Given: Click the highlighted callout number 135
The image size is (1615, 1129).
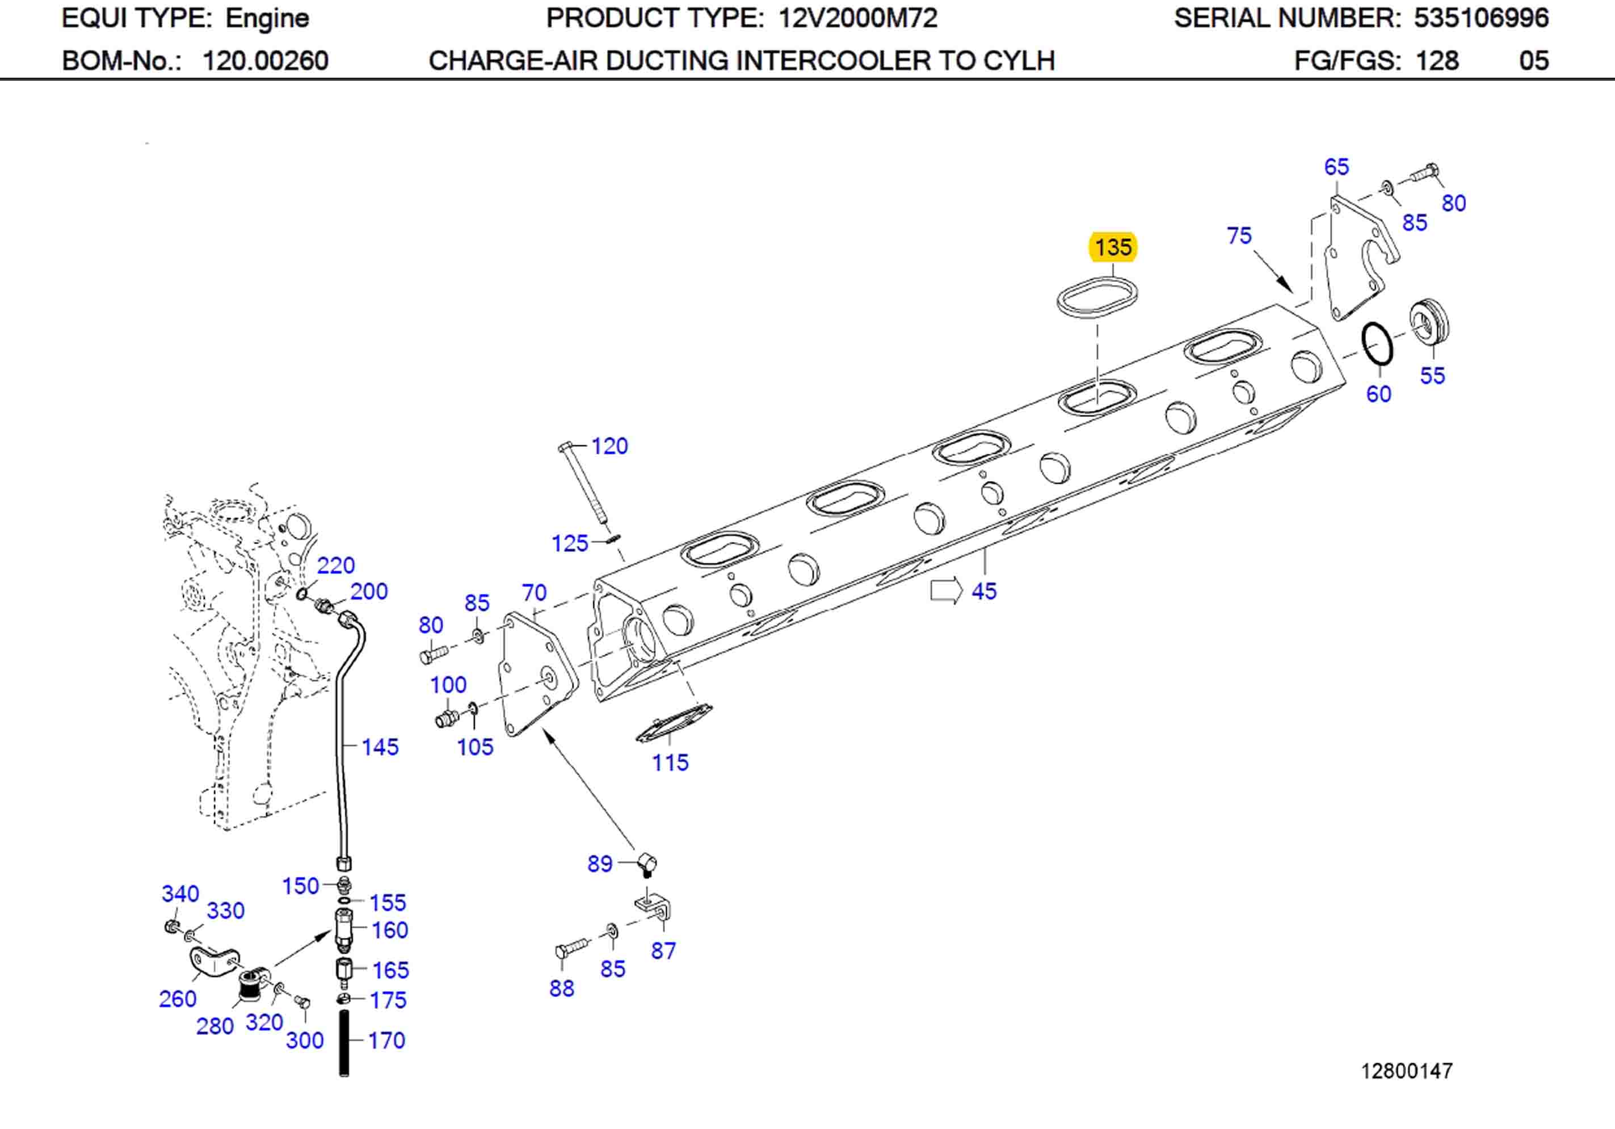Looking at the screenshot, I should click(x=1113, y=247).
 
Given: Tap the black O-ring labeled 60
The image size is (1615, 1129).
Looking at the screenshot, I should click(x=1377, y=344).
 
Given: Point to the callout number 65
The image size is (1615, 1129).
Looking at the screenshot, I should click(x=1336, y=167).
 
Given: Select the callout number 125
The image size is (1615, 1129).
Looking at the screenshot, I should click(x=569, y=543).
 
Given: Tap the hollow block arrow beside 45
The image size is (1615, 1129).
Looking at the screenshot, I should click(x=945, y=590).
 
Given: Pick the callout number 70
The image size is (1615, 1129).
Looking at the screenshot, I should click(x=534, y=592).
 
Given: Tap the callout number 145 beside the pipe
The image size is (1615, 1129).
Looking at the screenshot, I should click(x=379, y=747).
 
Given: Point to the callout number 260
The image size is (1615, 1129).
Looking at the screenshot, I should click(x=177, y=998).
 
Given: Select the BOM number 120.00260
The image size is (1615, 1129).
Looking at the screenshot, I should click(x=265, y=61).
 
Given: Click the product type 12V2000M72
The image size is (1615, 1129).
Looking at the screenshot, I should click(x=857, y=18).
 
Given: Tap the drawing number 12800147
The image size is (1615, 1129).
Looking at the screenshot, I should click(x=1406, y=1071).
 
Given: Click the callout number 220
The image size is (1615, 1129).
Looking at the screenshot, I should click(x=335, y=565).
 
